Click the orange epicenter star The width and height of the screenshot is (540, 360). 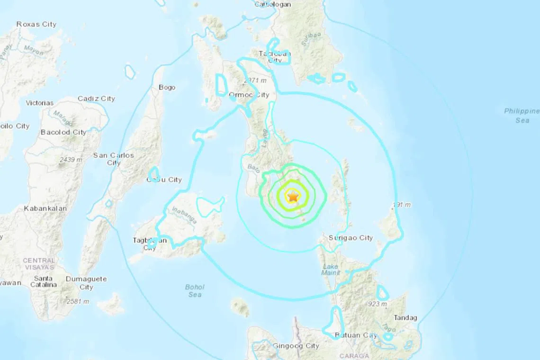tap(293, 195)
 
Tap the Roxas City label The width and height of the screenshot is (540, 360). tap(36, 24)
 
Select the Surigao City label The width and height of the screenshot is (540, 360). tap(351, 238)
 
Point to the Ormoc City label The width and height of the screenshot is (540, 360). tap(249, 95)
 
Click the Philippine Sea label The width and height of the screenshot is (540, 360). tap(522, 116)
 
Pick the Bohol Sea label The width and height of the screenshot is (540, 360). tap(194, 291)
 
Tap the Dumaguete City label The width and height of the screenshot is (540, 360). tap(86, 283)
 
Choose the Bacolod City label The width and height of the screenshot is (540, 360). tap(63, 132)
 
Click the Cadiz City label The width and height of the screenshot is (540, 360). tap(96, 99)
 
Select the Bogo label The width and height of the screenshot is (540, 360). tap(167, 87)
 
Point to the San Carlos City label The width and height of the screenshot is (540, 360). tap(113, 159)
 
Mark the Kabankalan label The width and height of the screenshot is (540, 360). tap(45, 208)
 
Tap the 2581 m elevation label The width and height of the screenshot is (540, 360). tap(78, 301)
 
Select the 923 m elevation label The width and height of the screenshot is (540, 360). tap(378, 304)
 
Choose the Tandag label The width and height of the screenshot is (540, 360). tap(405, 318)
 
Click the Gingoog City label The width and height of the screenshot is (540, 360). tap(296, 346)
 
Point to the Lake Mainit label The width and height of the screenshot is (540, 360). tap(330, 270)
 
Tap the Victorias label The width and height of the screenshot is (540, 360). tap(39, 103)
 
